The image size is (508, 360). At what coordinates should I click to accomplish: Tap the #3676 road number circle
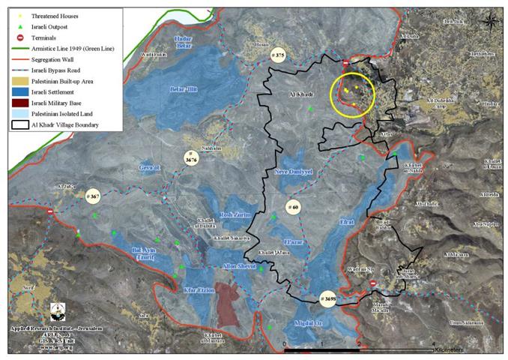193,157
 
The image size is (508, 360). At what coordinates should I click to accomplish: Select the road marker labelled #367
92,196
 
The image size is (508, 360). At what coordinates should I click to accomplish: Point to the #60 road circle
293,206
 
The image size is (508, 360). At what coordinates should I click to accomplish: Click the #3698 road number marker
327,298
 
